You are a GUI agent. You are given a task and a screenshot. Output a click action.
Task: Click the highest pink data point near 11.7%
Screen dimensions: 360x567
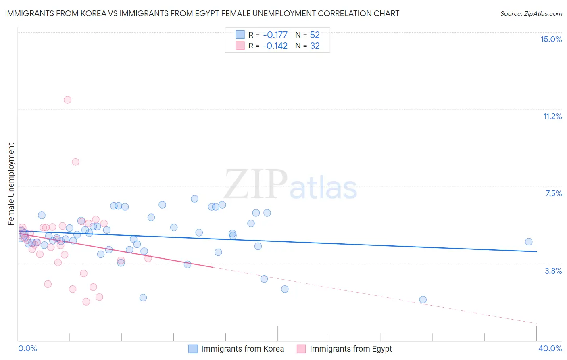[x=67, y=100]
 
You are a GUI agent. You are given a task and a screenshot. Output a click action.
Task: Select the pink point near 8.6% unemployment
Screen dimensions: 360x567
[x=75, y=162]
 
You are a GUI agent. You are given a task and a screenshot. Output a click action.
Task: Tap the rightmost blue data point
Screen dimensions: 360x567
[x=529, y=242]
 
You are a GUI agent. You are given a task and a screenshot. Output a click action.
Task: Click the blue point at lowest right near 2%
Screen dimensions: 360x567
[x=423, y=299]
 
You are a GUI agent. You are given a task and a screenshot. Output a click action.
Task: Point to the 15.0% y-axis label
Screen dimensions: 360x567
[x=551, y=39]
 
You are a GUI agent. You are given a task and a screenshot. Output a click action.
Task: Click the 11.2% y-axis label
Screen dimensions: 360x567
[x=552, y=116]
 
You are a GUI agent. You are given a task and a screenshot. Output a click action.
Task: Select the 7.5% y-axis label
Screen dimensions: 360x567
[x=553, y=193]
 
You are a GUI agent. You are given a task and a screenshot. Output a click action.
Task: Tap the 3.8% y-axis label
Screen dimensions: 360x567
[x=553, y=271]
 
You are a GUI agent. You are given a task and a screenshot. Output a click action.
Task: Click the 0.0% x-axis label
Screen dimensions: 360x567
[x=27, y=348]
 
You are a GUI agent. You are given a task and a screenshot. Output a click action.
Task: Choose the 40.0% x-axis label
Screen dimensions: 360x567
[x=550, y=348]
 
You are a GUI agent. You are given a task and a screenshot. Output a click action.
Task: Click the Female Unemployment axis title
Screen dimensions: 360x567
[x=11, y=184]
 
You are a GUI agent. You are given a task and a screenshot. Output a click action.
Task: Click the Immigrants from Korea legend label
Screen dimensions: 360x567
[x=242, y=349]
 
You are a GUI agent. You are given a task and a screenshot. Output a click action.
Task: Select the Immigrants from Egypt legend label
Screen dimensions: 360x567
[x=351, y=349]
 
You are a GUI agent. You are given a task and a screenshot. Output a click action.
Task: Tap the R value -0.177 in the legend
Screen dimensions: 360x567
[x=275, y=35]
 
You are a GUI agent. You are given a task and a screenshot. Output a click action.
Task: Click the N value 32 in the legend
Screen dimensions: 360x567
[x=315, y=46]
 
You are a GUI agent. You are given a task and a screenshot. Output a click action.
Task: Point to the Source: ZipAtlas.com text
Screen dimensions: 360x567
[x=531, y=13]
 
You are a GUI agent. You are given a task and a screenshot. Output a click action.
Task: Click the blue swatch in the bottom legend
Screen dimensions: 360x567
[x=193, y=349]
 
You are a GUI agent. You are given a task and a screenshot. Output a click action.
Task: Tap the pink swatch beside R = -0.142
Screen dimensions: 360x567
[x=240, y=46]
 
